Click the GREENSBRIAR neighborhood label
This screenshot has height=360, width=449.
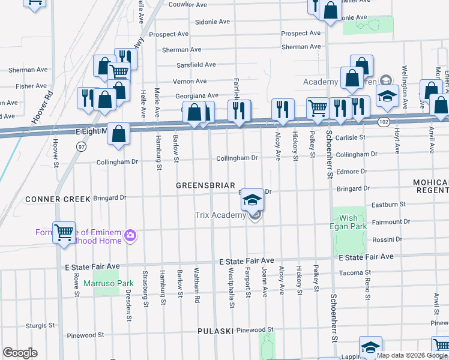pyautogui.click(x=205, y=185)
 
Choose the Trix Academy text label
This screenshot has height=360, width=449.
pyautogui.click(x=220, y=215)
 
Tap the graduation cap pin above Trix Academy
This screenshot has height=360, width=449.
pyautogui.click(x=253, y=200)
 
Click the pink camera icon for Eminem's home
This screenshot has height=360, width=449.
pyautogui.click(x=130, y=236)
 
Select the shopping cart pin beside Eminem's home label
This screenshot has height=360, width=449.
pyautogui.click(x=64, y=232)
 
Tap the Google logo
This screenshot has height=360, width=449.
pyautogui.click(x=20, y=353)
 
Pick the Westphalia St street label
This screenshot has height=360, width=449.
pyautogui.click(x=231, y=288)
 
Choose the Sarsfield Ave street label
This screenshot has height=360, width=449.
pyautogui.click(x=196, y=65)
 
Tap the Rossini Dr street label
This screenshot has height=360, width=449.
pyautogui.click(x=387, y=239)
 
